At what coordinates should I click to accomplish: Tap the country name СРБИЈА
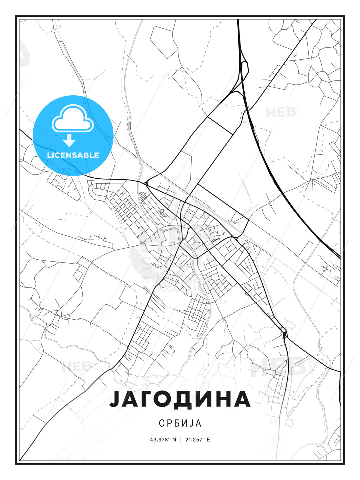coord(180,423)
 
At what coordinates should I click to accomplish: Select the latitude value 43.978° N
coord(163,440)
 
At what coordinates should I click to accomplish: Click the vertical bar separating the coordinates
coord(180,440)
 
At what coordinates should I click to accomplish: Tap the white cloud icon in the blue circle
coord(72,119)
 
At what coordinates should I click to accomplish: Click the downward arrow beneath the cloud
coord(69,141)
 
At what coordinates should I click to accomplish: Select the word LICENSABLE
coord(73,155)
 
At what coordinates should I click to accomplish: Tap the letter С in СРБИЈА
coord(161,423)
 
